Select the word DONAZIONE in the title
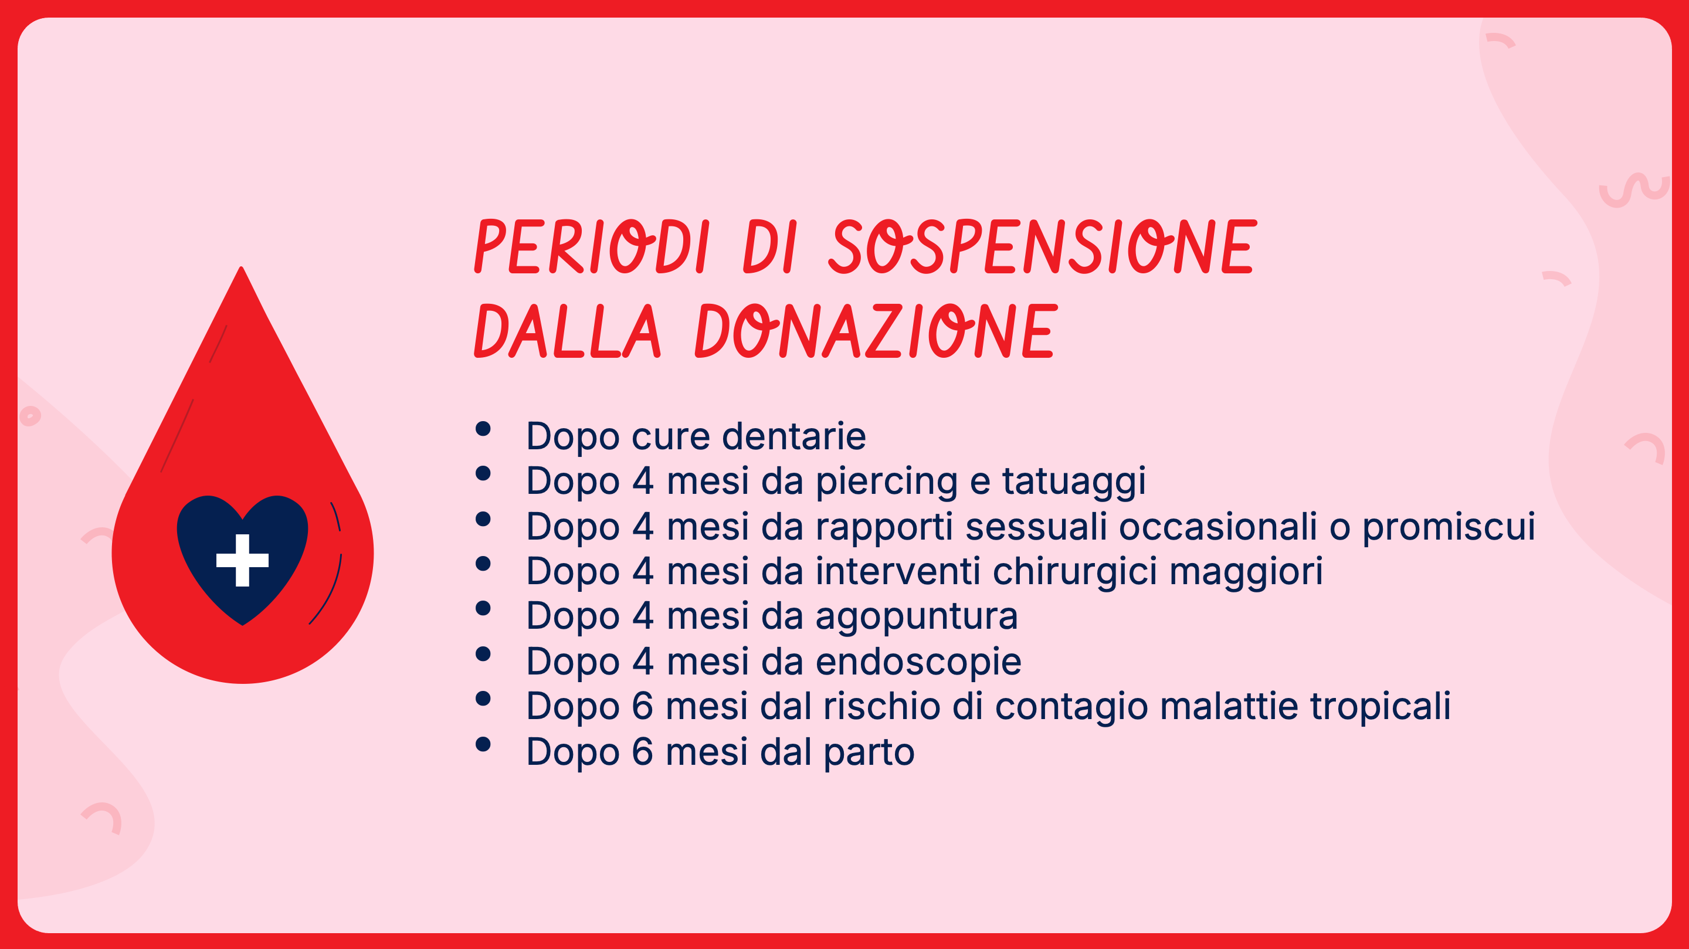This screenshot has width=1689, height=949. coord(876,331)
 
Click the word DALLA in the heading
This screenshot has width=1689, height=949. coord(568,331)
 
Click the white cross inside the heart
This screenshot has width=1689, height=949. coord(243,560)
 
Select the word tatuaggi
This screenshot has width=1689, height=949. coord(1074,482)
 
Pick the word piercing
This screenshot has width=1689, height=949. coord(887,482)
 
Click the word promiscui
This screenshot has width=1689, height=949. coord(1449,527)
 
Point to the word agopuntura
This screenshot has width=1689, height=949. coord(917,617)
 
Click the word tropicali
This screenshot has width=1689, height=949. coord(1380,707)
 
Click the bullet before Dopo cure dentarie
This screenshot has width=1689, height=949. coord(483,429)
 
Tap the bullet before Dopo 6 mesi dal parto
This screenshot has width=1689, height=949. coord(483,744)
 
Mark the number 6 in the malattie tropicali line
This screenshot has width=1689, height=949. coord(643,706)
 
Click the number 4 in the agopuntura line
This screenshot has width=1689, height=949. coord(643,616)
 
